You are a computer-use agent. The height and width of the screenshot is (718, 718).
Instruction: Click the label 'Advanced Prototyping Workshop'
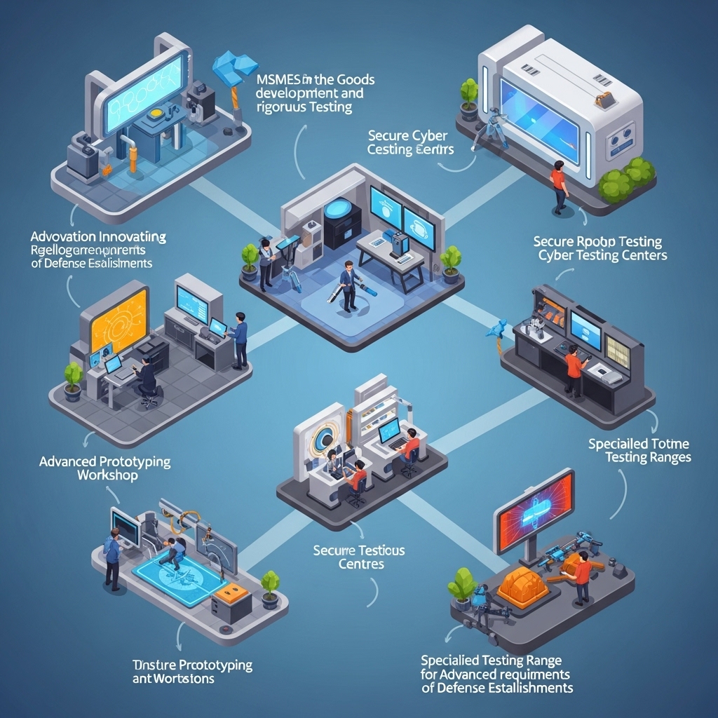pos(104,468)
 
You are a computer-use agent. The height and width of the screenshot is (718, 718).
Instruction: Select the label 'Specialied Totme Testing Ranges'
pos(639,450)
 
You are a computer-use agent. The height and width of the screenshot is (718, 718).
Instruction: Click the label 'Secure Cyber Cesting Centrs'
pos(410,142)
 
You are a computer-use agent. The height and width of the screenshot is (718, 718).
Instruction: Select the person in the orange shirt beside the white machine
pos(558,187)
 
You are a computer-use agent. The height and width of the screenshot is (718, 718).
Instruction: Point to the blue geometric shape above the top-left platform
pos(236,67)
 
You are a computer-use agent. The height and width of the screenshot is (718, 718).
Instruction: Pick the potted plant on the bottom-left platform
pos(270,588)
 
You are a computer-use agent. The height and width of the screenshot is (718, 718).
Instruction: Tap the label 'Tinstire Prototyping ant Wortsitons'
pos(192,671)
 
